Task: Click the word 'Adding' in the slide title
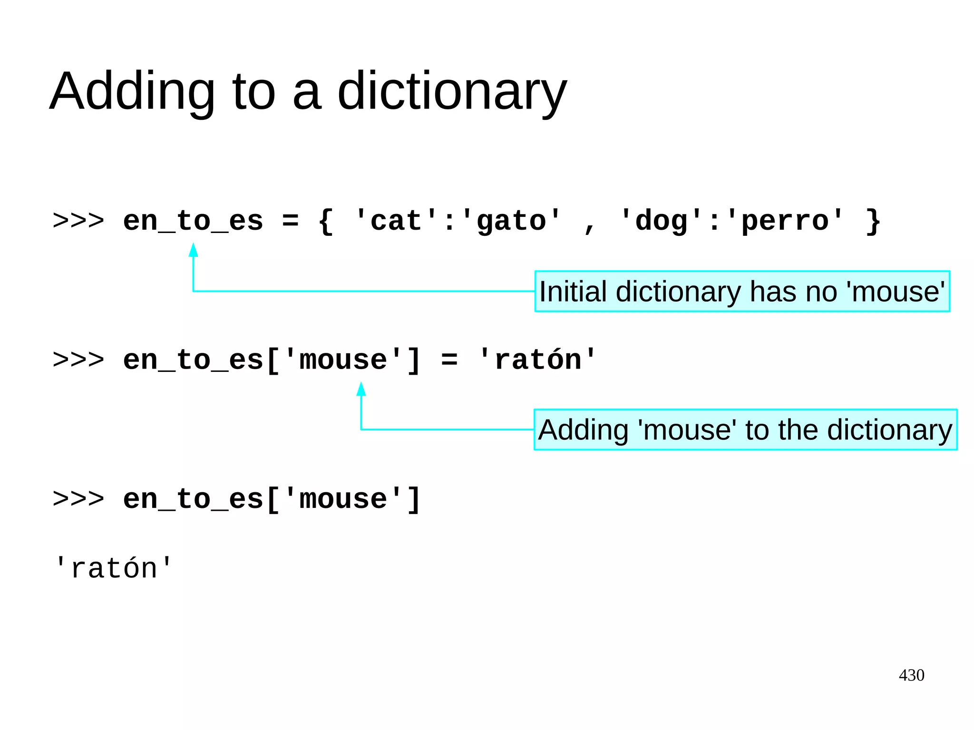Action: (132, 91)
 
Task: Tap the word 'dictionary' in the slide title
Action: (452, 91)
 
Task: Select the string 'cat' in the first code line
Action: (396, 221)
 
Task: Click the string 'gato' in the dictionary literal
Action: (511, 221)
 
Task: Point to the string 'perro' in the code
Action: (785, 221)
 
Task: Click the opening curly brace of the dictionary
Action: (326, 221)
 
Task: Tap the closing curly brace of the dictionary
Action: (873, 221)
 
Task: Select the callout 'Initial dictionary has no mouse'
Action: (742, 292)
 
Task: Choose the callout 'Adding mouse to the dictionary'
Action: (745, 430)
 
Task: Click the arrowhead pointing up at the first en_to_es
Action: (193, 250)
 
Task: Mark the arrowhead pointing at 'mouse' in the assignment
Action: (361, 389)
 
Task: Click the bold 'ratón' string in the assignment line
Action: (537, 360)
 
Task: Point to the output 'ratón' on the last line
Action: (113, 568)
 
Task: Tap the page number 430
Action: (911, 675)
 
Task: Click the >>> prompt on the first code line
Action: (78, 221)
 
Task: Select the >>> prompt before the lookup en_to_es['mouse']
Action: (78, 499)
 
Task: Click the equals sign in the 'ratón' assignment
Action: (449, 360)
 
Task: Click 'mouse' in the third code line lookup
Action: (343, 499)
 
